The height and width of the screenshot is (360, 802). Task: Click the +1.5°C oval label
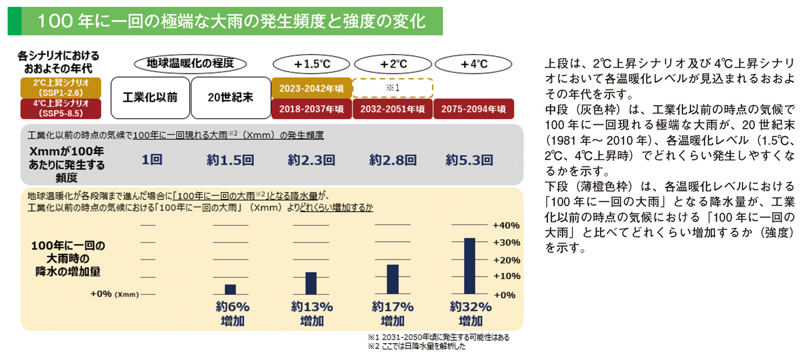[312, 64]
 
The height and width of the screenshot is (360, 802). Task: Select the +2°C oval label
[393, 64]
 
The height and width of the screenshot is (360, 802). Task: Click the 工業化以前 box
[150, 97]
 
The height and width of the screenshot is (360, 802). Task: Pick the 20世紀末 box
[231, 97]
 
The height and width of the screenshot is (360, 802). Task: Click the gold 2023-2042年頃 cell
[312, 88]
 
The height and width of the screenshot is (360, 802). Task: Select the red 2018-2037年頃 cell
[312, 109]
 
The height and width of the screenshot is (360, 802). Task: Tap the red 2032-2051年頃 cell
[392, 109]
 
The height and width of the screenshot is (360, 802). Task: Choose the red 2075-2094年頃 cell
[473, 109]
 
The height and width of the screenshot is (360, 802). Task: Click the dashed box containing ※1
[392, 88]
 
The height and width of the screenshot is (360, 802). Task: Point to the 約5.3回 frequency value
[469, 160]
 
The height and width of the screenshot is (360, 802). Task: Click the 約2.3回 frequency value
[311, 160]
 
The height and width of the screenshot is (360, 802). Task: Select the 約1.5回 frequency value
[230, 160]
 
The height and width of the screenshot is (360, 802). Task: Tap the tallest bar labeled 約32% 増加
[469, 266]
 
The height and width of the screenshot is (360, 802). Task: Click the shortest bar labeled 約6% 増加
[230, 289]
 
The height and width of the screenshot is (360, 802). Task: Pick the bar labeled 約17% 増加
[392, 279]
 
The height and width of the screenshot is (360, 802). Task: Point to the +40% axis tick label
[506, 225]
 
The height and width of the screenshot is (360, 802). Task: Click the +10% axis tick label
[506, 276]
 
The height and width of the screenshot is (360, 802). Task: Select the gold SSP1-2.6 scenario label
[61, 88]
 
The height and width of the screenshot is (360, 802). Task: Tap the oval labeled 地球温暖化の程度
[190, 64]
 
